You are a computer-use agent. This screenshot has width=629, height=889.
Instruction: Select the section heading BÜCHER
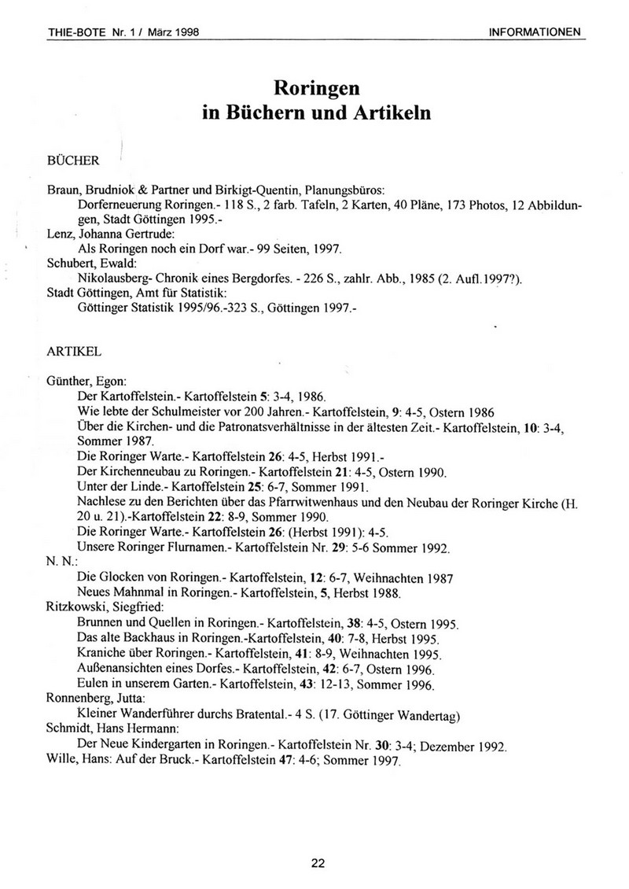coord(73,160)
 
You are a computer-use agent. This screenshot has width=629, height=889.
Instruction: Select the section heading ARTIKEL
coord(73,345)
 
